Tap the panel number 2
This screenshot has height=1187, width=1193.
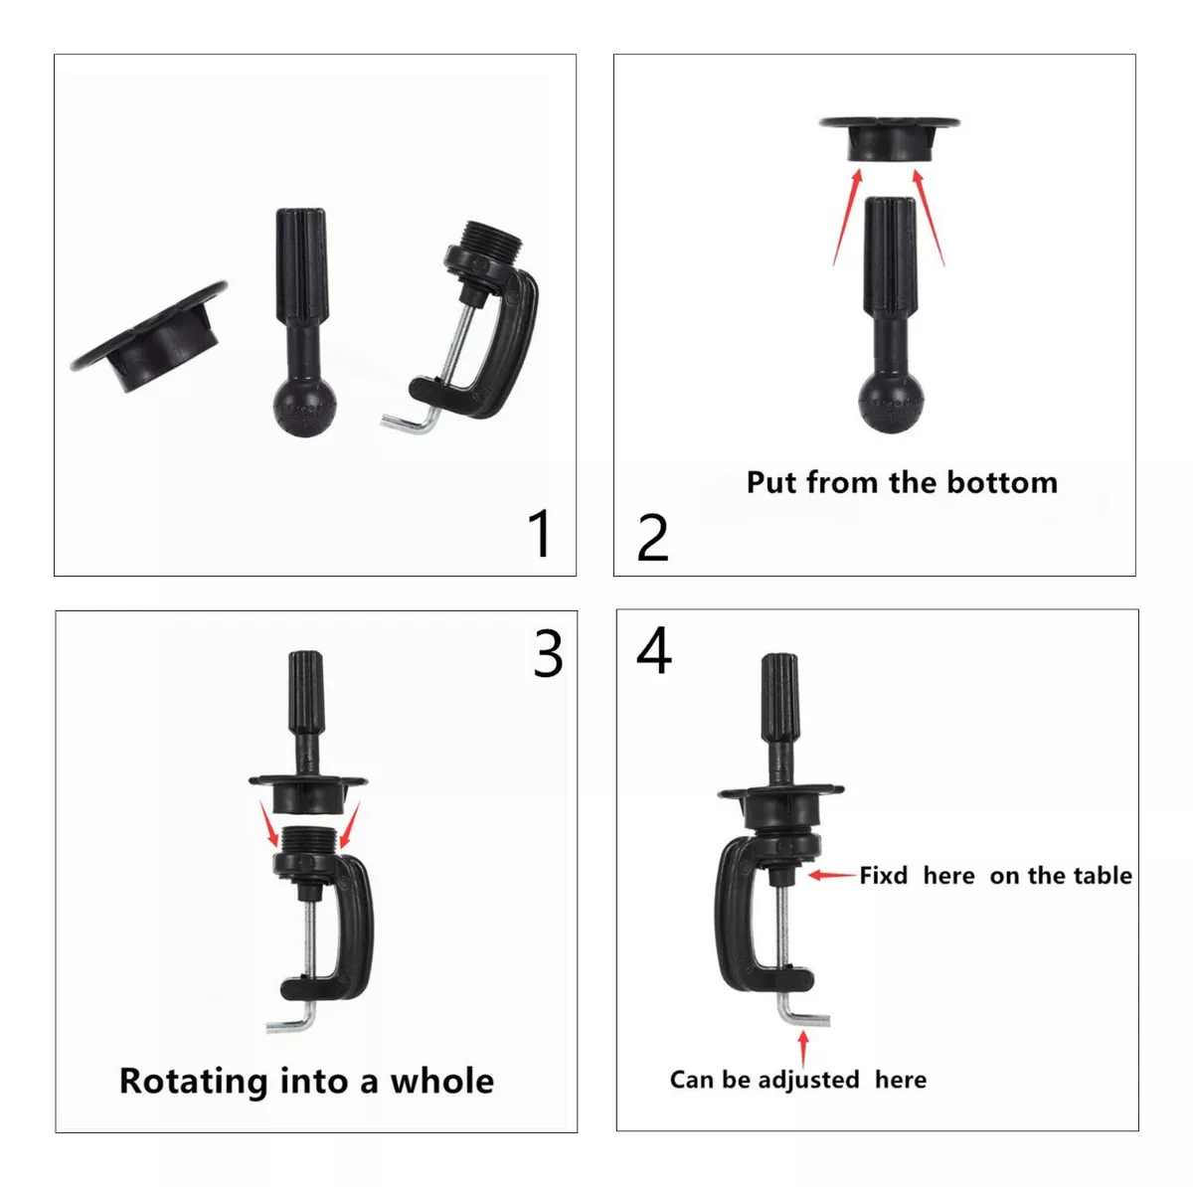click(652, 538)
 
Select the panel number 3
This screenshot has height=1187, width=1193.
click(548, 654)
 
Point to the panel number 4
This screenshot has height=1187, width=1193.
click(654, 650)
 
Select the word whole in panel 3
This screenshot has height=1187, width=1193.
click(442, 1081)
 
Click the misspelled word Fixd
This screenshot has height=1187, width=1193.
click(884, 876)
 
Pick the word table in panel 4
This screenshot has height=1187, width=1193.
click(1103, 876)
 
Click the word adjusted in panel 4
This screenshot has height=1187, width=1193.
click(808, 1081)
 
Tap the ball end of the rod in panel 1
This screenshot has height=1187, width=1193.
click(304, 408)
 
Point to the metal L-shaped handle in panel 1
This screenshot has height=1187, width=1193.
click(411, 422)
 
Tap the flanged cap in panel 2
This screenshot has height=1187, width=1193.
click(890, 139)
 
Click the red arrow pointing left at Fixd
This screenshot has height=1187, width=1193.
click(833, 875)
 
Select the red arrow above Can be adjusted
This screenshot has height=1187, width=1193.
click(803, 1049)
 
